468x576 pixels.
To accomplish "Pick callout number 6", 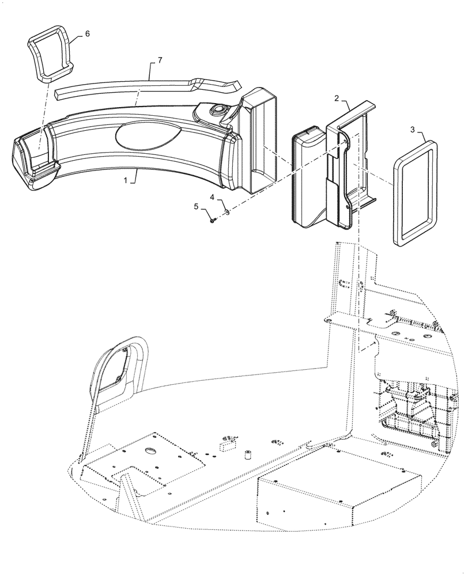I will coord(87,33).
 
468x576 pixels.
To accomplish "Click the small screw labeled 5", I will coord(213,219).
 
